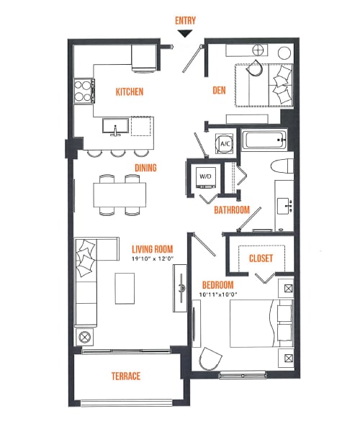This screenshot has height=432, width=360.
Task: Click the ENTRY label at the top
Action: (x=185, y=21)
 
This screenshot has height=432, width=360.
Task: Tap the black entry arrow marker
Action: (x=185, y=33)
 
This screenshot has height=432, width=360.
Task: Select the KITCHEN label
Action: (x=130, y=92)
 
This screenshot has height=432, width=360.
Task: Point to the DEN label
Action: (x=220, y=91)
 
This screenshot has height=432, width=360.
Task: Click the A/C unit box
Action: (x=224, y=144)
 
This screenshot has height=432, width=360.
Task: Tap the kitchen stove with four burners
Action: (x=84, y=90)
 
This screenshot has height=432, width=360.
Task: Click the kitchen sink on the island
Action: (x=115, y=127)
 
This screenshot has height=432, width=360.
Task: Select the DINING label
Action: (x=145, y=168)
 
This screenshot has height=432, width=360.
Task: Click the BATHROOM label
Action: (x=232, y=210)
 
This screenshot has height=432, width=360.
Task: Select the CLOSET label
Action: (x=260, y=258)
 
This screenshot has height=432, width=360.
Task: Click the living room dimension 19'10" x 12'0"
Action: (x=153, y=259)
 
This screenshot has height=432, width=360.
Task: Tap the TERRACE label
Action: (x=125, y=376)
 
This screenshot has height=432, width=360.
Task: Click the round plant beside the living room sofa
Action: (x=85, y=336)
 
